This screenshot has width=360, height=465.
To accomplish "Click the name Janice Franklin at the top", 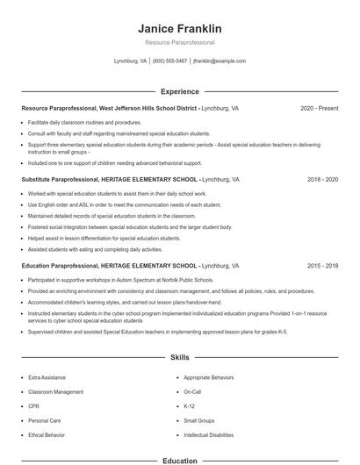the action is tap(180, 28).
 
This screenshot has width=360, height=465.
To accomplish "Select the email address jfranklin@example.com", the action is tap(219, 61).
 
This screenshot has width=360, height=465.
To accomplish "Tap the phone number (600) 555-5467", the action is tap(169, 61).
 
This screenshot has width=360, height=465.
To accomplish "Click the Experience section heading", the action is tap(180, 91).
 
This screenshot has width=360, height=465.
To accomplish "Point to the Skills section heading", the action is tap(180, 358).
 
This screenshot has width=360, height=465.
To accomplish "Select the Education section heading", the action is tap(180, 460).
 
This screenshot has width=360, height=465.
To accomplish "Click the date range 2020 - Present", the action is tap(319, 108).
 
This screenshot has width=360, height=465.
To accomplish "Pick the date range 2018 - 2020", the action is tap(322, 179).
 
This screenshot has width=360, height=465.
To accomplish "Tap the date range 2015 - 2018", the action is tap(322, 265).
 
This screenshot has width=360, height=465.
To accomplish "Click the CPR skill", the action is tap(33, 406).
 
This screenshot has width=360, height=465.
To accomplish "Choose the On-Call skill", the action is tap(192, 391).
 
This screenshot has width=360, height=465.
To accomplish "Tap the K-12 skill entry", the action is tap(189, 406).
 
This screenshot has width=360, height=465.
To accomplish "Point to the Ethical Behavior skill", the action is tap(47, 435).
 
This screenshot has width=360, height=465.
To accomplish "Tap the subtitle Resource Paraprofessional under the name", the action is tap(180, 42).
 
